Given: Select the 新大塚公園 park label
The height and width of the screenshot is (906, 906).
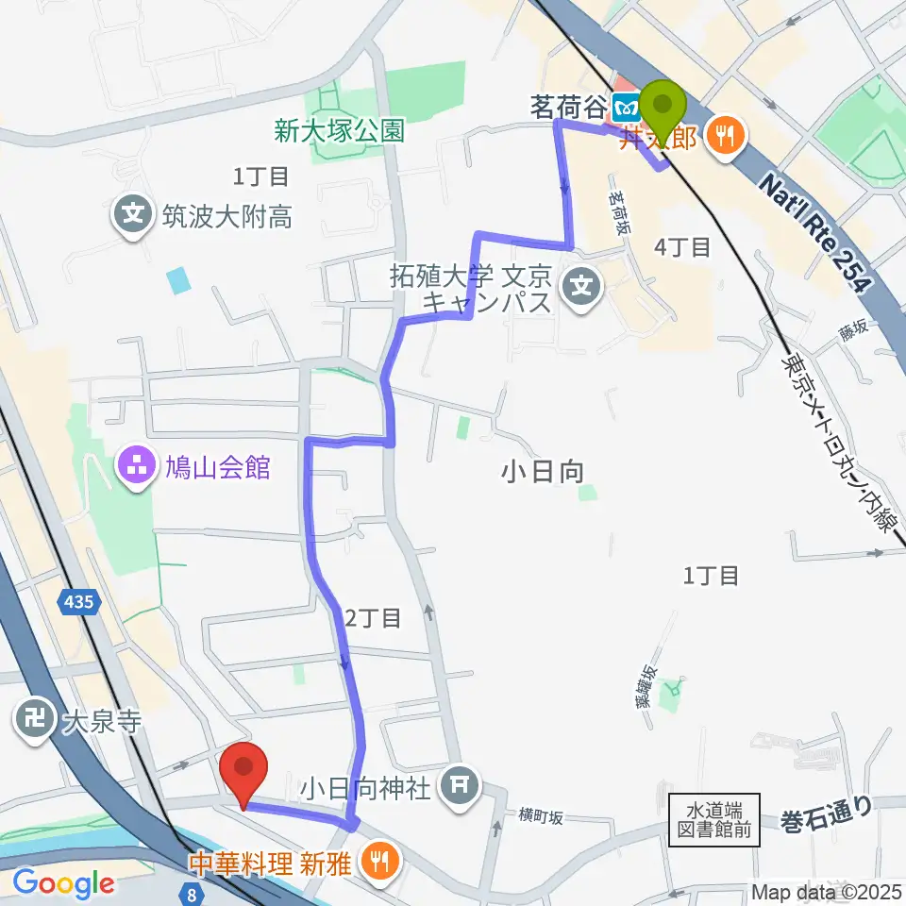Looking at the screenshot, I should coord(340,130).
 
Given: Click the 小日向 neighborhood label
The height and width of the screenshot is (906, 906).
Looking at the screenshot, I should coord(543,472).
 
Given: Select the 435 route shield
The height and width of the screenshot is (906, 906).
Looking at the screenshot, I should coord(79,601).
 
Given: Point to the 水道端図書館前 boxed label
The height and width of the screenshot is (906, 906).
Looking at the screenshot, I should coord(714,819).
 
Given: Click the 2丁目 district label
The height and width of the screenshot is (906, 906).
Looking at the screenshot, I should coord(374,619).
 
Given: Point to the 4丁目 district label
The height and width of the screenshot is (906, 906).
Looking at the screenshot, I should coord(682,248).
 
